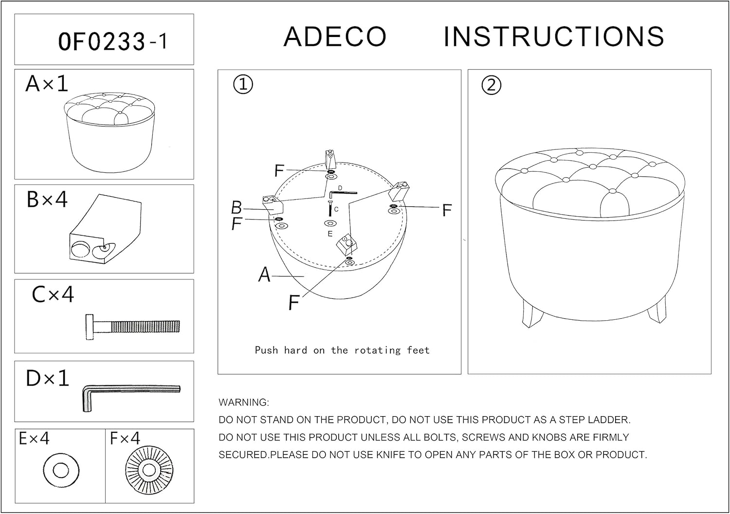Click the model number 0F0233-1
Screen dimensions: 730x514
[x=113, y=41]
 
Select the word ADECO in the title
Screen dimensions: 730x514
[x=335, y=37]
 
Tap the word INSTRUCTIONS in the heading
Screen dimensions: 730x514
[x=554, y=37]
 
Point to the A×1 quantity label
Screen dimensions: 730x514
[x=47, y=83]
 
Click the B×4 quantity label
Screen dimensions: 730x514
[x=47, y=199]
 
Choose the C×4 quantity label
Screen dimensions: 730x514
[x=53, y=294]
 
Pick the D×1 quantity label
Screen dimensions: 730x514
[x=48, y=378]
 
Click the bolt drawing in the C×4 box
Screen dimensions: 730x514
[x=133, y=327]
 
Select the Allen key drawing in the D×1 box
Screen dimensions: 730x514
[x=131, y=398]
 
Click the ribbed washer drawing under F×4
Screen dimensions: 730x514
[x=149, y=470]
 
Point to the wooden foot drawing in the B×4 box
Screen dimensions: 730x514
[x=105, y=229]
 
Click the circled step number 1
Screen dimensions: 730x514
[x=243, y=84]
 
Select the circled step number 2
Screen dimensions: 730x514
[x=491, y=85]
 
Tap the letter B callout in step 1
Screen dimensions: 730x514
[x=236, y=207]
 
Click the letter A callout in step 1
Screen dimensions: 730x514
[x=264, y=275]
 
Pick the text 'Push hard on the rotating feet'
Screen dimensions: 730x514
[x=342, y=350]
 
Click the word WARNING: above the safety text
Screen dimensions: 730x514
[x=244, y=403]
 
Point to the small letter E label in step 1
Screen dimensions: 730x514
[x=330, y=234]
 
